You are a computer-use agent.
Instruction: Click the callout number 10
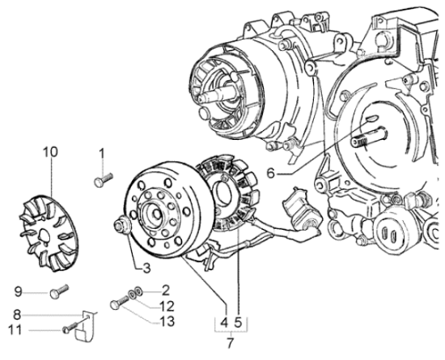coord(50,151)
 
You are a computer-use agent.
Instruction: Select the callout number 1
coord(102,153)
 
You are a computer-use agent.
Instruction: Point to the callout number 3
coord(146,268)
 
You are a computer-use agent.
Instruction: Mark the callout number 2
coord(165,289)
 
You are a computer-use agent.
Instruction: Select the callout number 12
coord(167,305)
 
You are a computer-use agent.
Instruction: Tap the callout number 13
coord(167,322)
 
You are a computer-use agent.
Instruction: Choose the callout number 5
coord(239,323)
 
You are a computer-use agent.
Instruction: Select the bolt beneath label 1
coord(102,181)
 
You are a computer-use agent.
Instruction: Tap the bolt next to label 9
coord(56,292)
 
